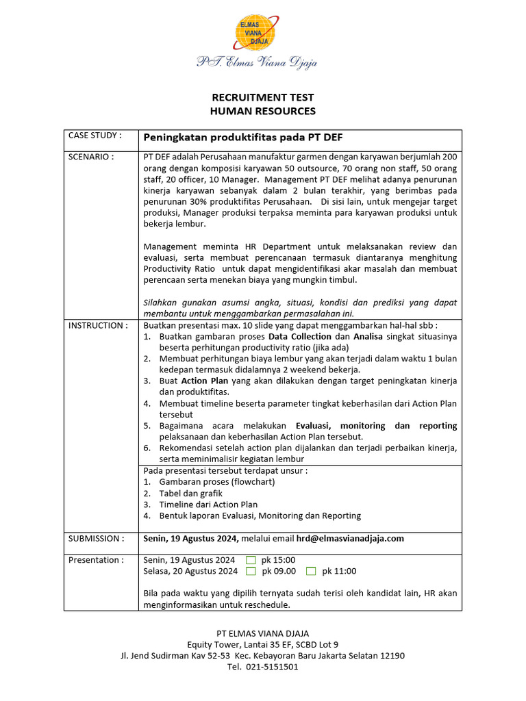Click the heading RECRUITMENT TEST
click(262, 98)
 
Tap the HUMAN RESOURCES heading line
click(262, 111)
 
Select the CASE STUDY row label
click(95, 136)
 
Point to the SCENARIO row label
click(91, 157)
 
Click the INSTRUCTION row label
click(98, 325)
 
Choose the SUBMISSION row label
click(97, 538)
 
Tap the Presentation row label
click(96, 560)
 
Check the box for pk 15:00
click(251, 560)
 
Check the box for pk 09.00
click(251, 571)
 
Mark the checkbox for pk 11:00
click(311, 571)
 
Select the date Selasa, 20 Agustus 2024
click(190, 571)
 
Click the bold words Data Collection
click(299, 337)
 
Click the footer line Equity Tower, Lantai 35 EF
click(262, 644)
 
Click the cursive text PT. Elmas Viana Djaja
click(257, 63)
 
